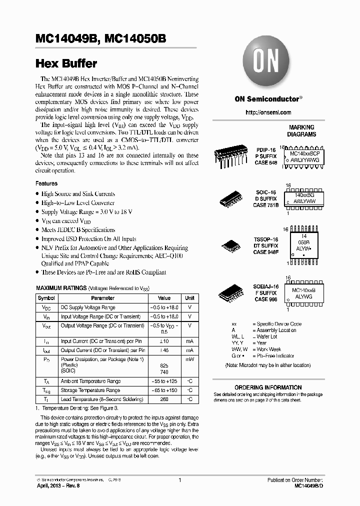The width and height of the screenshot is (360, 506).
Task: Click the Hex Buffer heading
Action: [66, 64]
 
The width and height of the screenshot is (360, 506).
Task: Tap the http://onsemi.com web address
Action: [268, 112]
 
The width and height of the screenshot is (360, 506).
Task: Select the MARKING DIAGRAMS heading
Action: [301, 131]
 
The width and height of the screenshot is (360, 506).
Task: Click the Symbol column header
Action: [46, 298]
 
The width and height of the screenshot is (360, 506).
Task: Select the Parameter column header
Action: [102, 298]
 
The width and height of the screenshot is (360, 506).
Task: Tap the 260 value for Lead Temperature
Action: [164, 399]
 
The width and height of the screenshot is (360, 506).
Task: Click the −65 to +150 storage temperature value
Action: [164, 390]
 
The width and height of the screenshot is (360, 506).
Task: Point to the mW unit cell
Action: [189, 359]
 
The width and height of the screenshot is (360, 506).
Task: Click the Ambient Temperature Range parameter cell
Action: [90, 381]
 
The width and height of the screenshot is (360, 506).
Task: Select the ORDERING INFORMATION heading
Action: [268, 387]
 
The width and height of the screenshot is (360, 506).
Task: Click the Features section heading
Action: [46, 183]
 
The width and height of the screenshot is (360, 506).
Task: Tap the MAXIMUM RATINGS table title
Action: [60, 288]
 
